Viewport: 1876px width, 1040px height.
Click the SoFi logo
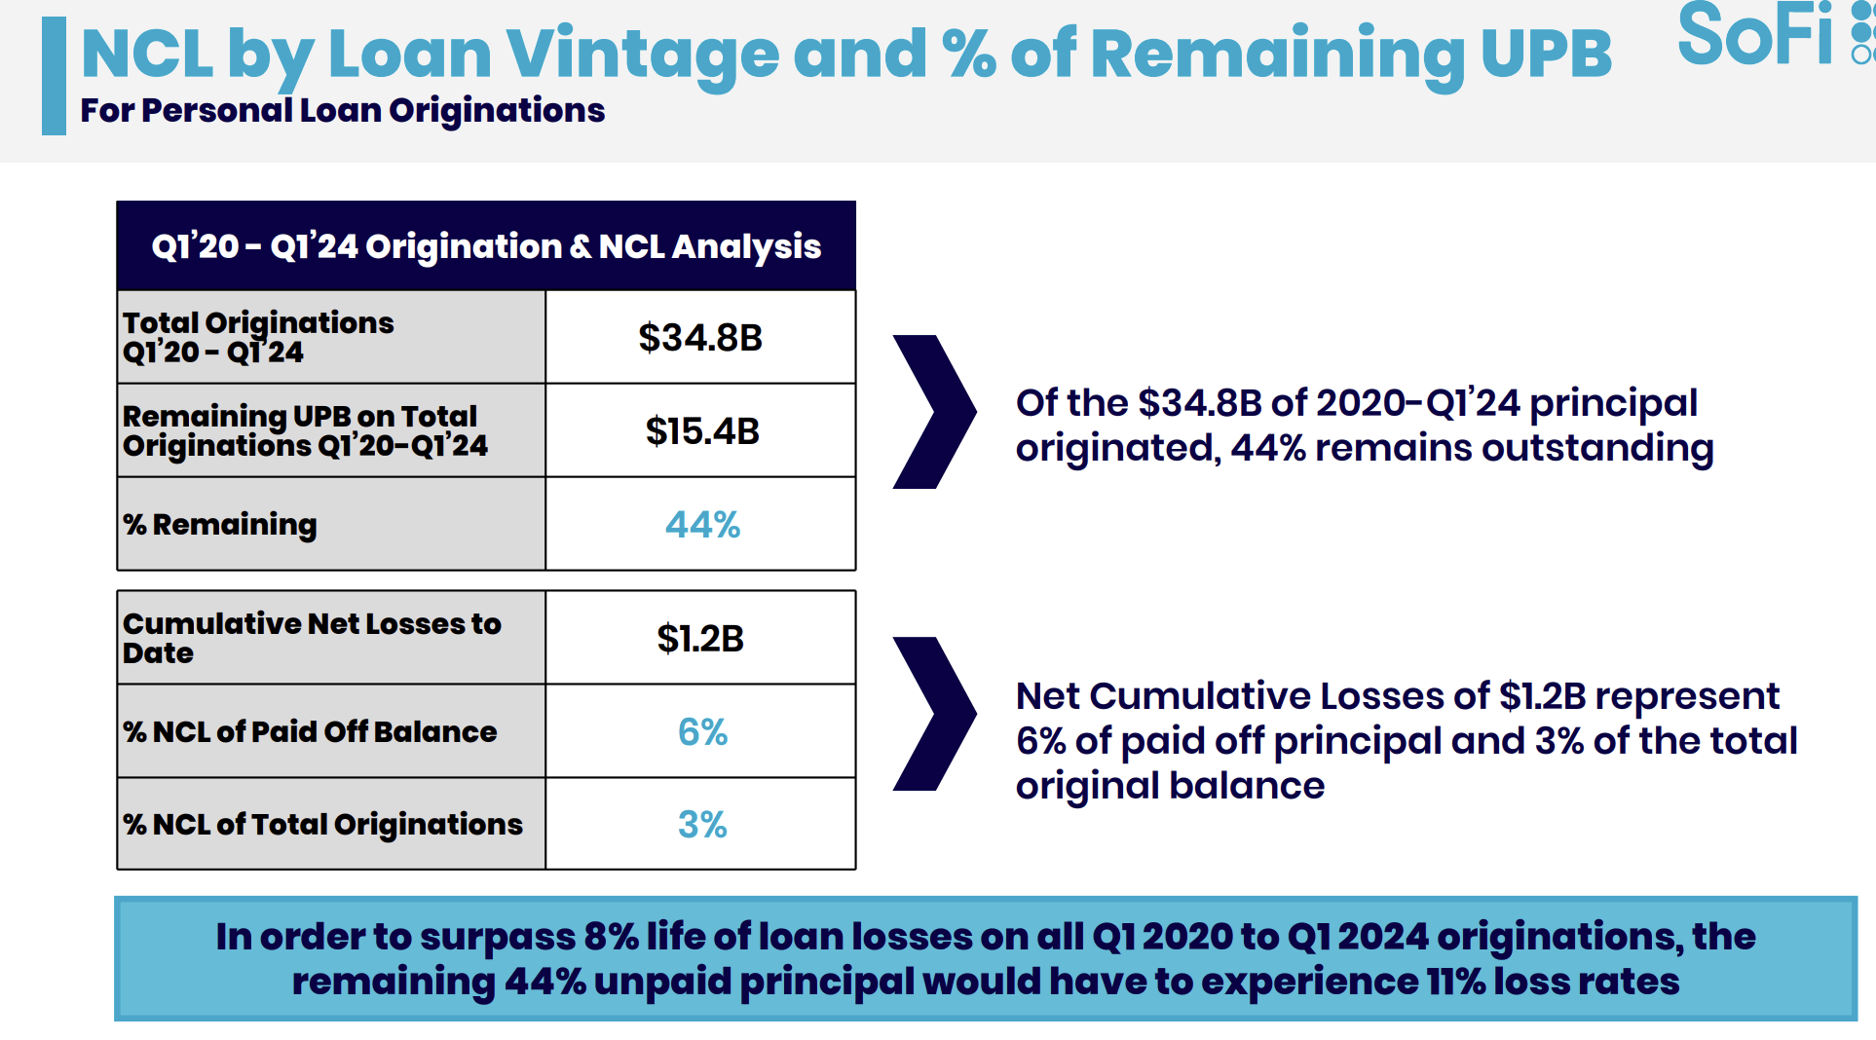click(1763, 37)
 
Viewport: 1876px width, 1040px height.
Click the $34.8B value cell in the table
click(700, 338)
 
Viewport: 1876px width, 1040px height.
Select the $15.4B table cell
click(701, 430)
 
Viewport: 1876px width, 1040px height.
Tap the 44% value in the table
click(702, 525)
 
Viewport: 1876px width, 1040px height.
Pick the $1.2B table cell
click(700, 639)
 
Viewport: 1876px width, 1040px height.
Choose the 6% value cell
click(702, 731)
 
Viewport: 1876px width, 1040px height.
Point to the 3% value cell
click(702, 825)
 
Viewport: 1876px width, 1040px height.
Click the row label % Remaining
click(220, 525)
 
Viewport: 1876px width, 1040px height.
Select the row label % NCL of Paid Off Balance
click(310, 731)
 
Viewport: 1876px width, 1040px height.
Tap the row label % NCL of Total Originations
click(322, 825)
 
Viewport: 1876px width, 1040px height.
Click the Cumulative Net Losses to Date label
click(312, 638)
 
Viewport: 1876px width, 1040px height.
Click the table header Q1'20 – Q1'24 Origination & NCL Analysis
click(486, 246)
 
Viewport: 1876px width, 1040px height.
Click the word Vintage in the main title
click(642, 54)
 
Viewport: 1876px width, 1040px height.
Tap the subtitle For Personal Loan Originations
click(342, 111)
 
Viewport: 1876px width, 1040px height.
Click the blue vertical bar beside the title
click(54, 76)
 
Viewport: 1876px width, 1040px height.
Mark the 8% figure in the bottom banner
click(611, 937)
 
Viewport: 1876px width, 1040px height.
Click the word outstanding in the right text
click(1596, 448)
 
